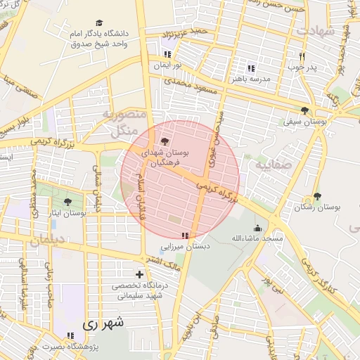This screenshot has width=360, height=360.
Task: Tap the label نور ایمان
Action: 168,65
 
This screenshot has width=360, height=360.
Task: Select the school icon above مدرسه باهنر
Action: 250,68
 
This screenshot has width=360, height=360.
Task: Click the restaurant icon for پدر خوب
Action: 302,57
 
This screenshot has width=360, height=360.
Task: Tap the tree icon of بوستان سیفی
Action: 304,110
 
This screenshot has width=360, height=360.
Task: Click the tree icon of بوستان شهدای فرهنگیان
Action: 165,141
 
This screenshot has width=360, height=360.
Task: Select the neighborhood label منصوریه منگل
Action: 123,122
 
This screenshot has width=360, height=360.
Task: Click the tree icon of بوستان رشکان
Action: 317,197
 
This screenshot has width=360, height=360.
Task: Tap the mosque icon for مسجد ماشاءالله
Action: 257,229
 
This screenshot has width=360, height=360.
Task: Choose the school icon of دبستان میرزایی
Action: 185,236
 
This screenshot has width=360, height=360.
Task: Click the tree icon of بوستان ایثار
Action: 67,202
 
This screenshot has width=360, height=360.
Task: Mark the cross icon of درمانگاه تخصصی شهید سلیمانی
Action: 139,274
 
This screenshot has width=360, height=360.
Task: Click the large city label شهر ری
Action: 103,324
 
